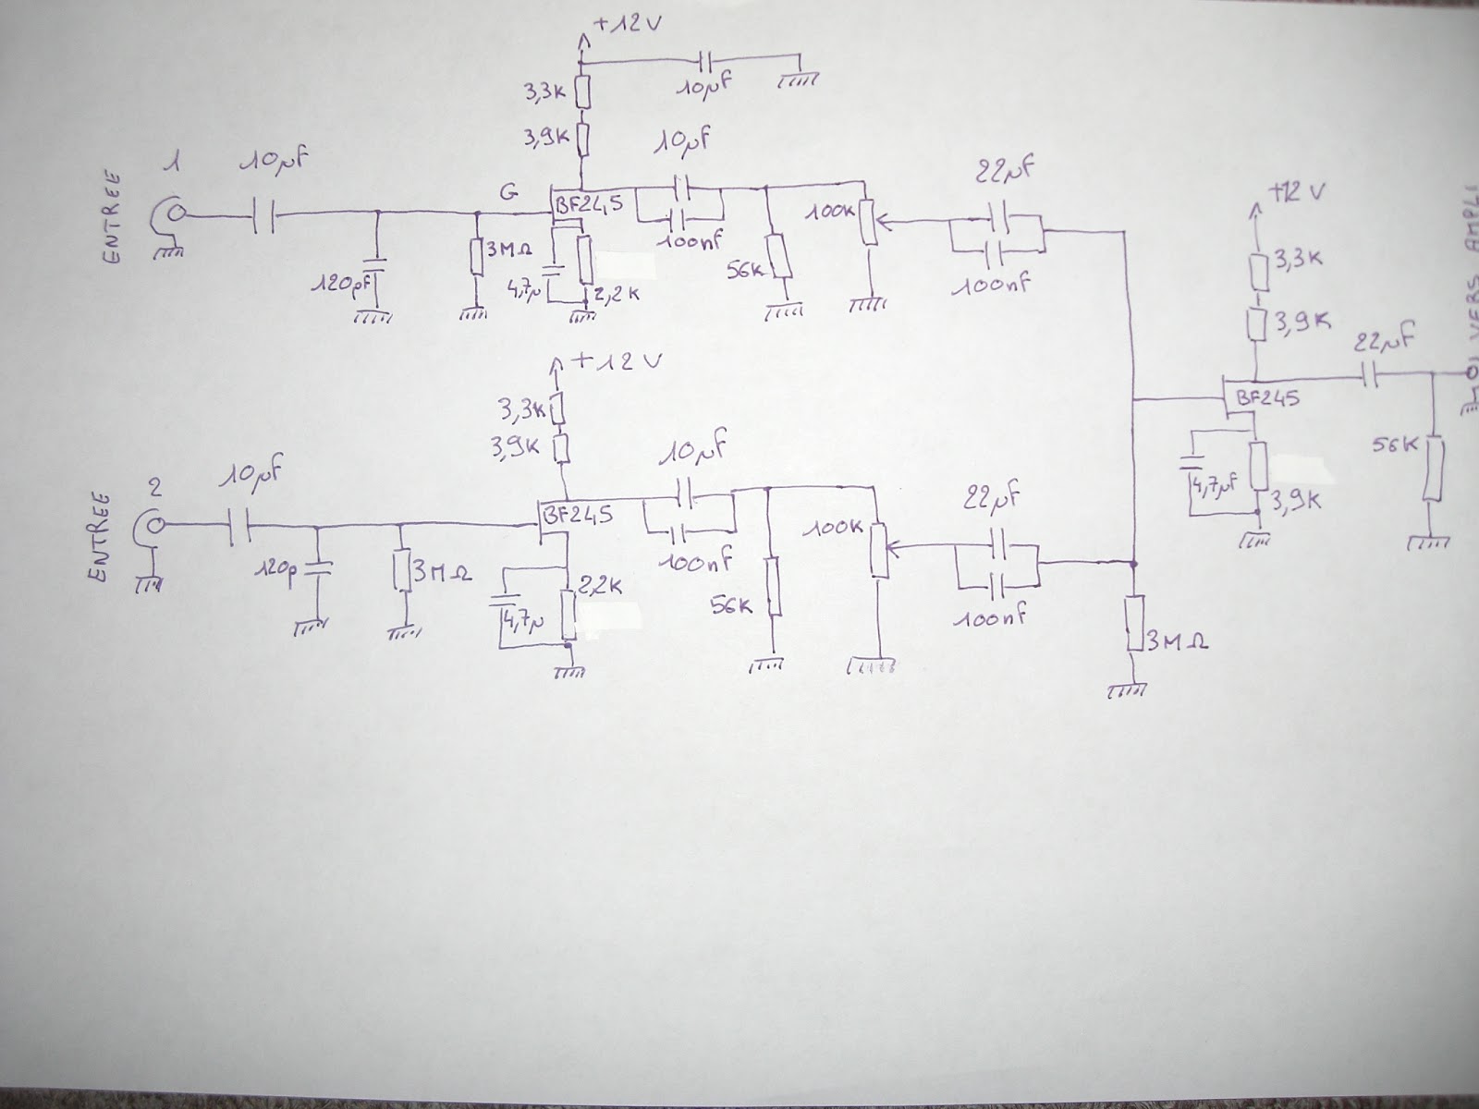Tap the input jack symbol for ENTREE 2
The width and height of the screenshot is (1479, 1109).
pyautogui.click(x=151, y=526)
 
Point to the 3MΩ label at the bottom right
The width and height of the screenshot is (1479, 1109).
pyautogui.click(x=1176, y=640)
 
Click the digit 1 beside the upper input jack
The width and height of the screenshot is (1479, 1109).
pyautogui.click(x=169, y=166)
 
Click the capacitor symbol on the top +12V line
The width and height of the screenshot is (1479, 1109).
pyautogui.click(x=705, y=62)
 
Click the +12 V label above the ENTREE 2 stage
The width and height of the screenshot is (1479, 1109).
pyautogui.click(x=616, y=361)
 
